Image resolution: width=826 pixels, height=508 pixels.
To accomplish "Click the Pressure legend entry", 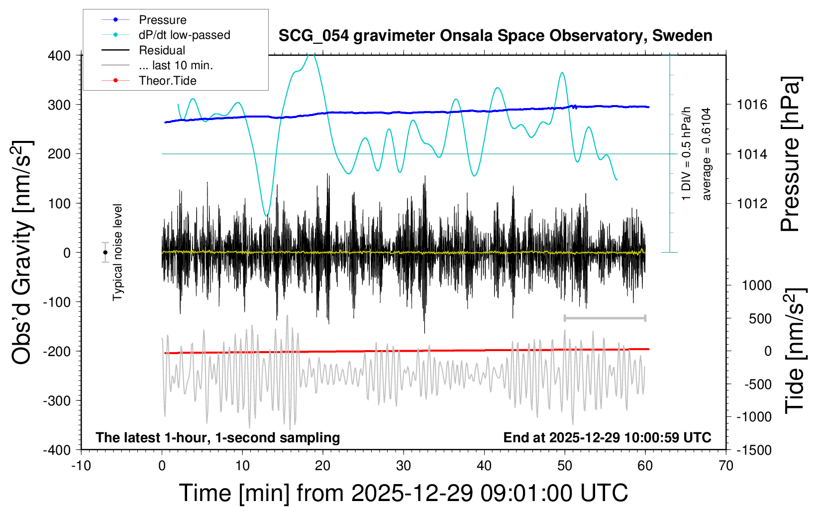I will (162, 20).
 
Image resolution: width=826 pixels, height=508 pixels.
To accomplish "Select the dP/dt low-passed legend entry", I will (184, 35).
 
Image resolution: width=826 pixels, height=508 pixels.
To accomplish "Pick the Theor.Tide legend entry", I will (167, 81).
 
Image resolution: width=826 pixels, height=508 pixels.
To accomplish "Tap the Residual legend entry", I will (162, 50).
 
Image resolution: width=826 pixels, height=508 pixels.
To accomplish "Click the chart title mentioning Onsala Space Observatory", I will (495, 36).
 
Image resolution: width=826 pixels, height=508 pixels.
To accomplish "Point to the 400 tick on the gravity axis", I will (59, 55).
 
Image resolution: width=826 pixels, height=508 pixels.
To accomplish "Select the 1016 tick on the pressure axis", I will (752, 105).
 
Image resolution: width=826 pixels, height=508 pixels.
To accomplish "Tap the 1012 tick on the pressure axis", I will (752, 203).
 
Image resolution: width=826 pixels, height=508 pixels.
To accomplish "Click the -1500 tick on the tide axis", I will (753, 450).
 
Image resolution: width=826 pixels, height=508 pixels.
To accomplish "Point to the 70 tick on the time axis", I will (726, 466).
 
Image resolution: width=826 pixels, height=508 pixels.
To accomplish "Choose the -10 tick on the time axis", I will (81, 466).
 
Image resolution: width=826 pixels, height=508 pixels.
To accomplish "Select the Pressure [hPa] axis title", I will (790, 154).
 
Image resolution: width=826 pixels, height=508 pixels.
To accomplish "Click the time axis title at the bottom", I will (403, 493).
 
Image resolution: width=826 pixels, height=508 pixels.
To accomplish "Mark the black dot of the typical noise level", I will (105, 253).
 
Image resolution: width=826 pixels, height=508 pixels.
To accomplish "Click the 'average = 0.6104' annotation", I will (707, 154).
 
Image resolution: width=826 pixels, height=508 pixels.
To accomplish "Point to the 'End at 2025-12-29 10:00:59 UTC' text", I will (607, 438).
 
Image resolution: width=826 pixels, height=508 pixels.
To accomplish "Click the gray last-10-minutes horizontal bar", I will (605, 318).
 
